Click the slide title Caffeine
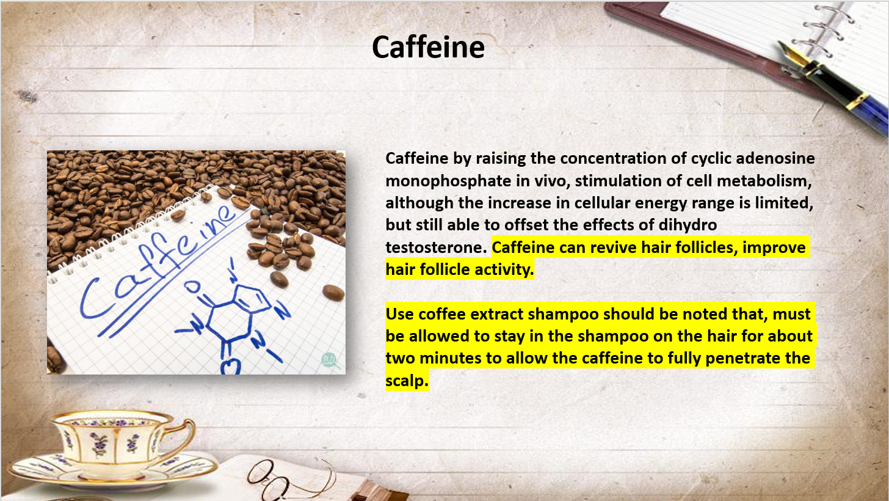428,47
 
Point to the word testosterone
436,247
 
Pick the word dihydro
688,225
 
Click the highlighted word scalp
407,381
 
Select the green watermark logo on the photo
330,360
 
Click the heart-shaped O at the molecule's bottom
231,367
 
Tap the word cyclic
711,159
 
